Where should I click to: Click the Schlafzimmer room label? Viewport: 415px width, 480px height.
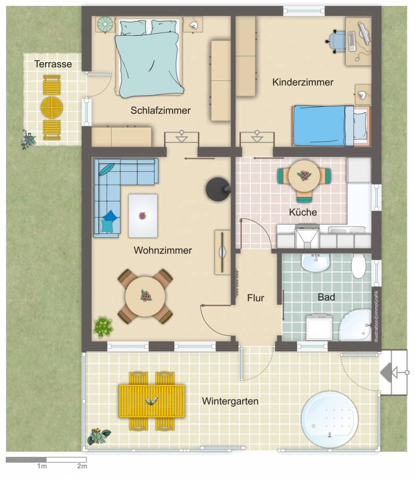pyautogui.click(x=160, y=111)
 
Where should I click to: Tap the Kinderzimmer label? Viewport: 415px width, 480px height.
pyautogui.click(x=303, y=82)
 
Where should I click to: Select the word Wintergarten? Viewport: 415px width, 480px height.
pyautogui.click(x=230, y=401)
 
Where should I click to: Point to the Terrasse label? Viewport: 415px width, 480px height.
pyautogui.click(x=53, y=64)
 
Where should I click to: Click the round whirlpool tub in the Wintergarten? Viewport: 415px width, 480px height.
pyautogui.click(x=329, y=418)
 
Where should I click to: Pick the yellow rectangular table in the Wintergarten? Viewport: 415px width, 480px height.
pyautogui.click(x=152, y=401)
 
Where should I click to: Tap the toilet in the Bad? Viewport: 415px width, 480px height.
pyautogui.click(x=358, y=265)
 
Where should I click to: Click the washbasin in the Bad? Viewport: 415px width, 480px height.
pyautogui.click(x=316, y=263)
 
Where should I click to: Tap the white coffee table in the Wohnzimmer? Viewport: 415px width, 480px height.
pyautogui.click(x=143, y=216)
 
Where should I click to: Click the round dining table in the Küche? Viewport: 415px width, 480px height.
pyautogui.click(x=304, y=176)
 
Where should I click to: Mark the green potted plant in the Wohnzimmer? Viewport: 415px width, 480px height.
pyautogui.click(x=104, y=327)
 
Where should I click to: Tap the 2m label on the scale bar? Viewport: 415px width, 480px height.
pyautogui.click(x=82, y=466)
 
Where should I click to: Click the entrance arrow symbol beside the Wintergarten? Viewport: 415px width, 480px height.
pyautogui.click(x=393, y=373)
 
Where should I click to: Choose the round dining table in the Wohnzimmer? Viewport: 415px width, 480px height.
pyautogui.click(x=146, y=296)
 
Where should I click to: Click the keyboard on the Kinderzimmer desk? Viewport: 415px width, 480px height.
pyautogui.click(x=351, y=41)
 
